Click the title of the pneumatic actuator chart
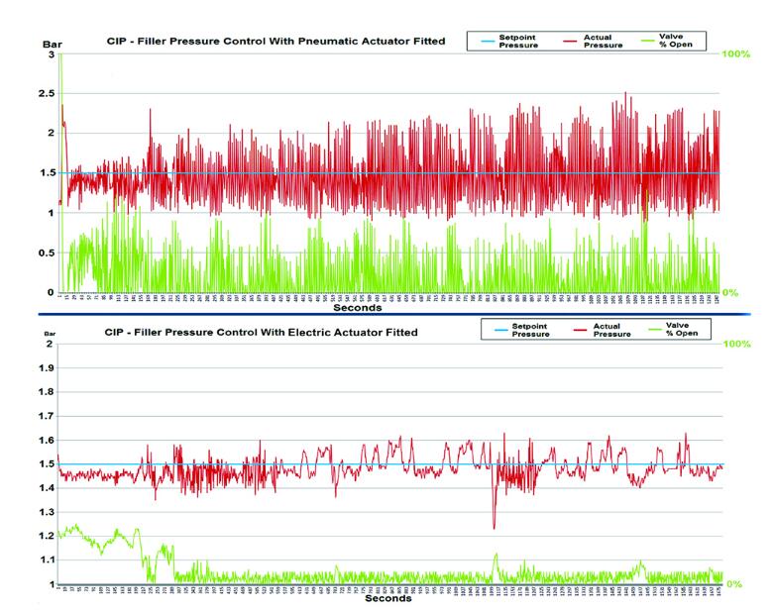pyautogui.click(x=276, y=42)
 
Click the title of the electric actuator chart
pyautogui.click(x=262, y=332)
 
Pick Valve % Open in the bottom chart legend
pyautogui.click(x=683, y=330)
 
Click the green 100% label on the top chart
pyautogui.click(x=734, y=53)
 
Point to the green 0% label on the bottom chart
pyautogui.click(x=734, y=583)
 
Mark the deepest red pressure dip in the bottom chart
pyautogui.click(x=494, y=528)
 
